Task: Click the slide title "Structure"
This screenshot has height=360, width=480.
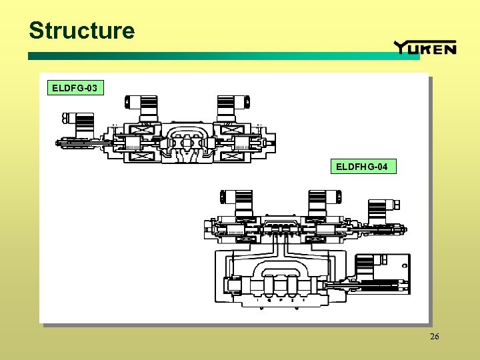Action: [x=81, y=31]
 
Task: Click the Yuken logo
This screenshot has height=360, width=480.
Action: [x=425, y=47]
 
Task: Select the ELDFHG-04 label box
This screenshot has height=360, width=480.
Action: [x=362, y=166]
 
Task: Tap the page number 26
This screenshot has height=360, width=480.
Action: [x=435, y=337]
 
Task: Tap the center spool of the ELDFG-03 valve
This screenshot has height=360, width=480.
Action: [x=187, y=143]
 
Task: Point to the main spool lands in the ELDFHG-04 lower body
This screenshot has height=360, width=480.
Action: [x=277, y=287]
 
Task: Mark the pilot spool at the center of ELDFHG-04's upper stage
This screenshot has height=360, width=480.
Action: [x=280, y=230]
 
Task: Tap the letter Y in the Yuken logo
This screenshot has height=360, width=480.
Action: [x=402, y=47]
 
